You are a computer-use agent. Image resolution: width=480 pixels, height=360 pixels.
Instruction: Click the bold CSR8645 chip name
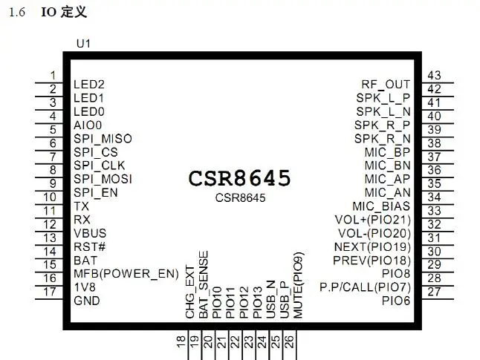[239, 178]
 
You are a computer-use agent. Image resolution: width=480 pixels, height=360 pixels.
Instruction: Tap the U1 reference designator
[83, 44]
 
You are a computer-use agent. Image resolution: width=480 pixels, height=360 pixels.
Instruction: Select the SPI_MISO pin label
[103, 139]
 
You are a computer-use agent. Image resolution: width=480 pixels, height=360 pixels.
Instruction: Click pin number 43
[434, 75]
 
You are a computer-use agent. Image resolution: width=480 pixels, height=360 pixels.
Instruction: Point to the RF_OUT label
[386, 85]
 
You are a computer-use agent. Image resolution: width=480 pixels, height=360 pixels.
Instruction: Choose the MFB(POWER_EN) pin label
[126, 273]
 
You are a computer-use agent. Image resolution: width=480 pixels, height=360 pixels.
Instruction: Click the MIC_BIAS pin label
[381, 206]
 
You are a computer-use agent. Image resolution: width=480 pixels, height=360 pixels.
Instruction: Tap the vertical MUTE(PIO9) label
[298, 285]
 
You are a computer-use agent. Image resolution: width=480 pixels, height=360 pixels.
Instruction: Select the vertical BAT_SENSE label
[204, 284]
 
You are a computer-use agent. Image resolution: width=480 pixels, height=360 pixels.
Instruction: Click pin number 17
[50, 292]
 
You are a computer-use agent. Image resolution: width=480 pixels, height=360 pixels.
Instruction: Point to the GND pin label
[87, 301]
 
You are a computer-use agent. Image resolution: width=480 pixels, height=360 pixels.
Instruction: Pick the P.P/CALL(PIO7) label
[365, 287]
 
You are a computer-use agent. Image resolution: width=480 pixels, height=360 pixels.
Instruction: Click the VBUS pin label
[90, 233]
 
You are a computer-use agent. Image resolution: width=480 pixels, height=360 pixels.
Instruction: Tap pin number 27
[434, 292]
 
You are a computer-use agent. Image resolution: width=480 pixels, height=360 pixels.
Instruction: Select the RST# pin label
[89, 247]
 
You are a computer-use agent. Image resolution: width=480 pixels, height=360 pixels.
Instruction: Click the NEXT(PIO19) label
[372, 247]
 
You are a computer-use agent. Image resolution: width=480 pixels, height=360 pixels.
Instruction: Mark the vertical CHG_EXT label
[190, 292]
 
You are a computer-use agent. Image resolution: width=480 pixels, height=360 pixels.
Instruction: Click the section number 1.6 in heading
[17, 12]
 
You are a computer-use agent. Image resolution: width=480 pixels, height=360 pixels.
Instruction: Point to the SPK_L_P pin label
[383, 98]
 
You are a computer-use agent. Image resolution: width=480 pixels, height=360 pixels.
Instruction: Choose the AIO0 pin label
[88, 125]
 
